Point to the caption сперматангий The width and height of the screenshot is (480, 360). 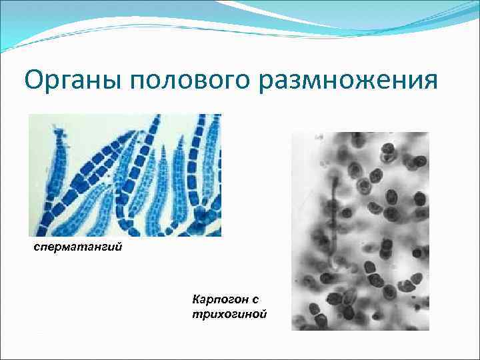tap(77, 248)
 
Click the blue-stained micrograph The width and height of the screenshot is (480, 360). tap(125, 175)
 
